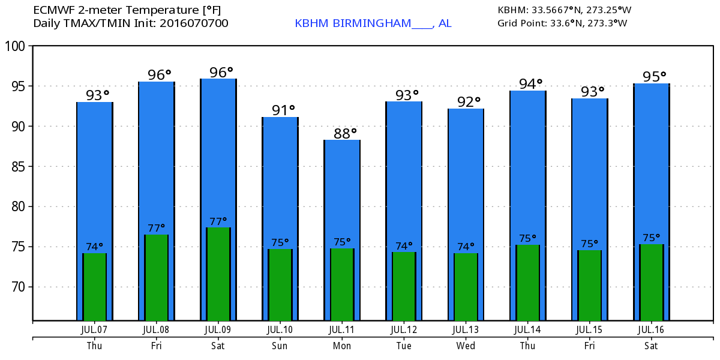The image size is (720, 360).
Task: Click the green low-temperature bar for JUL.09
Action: pyautogui.click(x=218, y=273)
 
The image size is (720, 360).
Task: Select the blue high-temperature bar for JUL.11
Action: pyautogui.click(x=342, y=192)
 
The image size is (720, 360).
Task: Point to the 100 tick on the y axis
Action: pyautogui.click(x=17, y=46)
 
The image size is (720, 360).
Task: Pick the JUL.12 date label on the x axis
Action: pyautogui.click(x=404, y=329)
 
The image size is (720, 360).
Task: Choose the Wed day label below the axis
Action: pyautogui.click(x=466, y=346)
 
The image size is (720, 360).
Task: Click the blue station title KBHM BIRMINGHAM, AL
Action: pyautogui.click(x=373, y=23)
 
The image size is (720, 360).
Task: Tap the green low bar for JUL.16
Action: pyautogui.click(x=651, y=282)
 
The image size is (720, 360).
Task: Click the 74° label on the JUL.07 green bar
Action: pyautogui.click(x=94, y=246)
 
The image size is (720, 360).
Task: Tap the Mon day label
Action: pyautogui.click(x=342, y=346)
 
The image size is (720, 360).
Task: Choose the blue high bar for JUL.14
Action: pyautogui.click(x=528, y=168)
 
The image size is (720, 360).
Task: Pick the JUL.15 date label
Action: pyautogui.click(x=589, y=329)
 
